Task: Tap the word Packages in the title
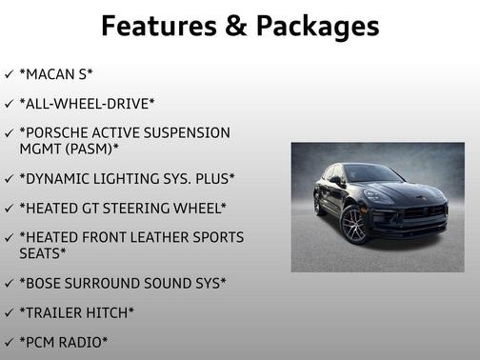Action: (x=316, y=26)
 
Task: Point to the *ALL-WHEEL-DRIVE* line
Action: (x=87, y=103)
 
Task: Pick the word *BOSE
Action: (x=44, y=283)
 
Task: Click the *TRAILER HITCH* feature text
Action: (x=76, y=312)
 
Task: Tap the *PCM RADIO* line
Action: (x=64, y=342)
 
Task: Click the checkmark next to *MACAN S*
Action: (x=9, y=73)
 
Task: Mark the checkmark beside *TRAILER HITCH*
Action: (x=9, y=312)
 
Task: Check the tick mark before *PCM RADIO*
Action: (x=9, y=342)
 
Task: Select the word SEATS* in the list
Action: (x=42, y=253)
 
